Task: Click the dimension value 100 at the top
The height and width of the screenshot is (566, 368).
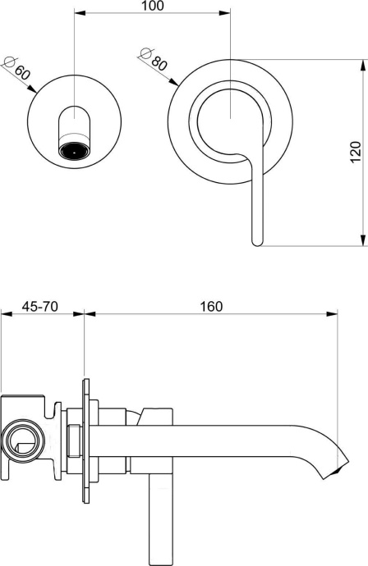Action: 152,7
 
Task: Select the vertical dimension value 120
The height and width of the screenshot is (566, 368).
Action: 355,152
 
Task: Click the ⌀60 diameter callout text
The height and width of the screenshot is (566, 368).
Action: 17,69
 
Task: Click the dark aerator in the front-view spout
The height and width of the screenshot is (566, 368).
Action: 75,151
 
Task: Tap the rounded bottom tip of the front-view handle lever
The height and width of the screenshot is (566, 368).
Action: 256,240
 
